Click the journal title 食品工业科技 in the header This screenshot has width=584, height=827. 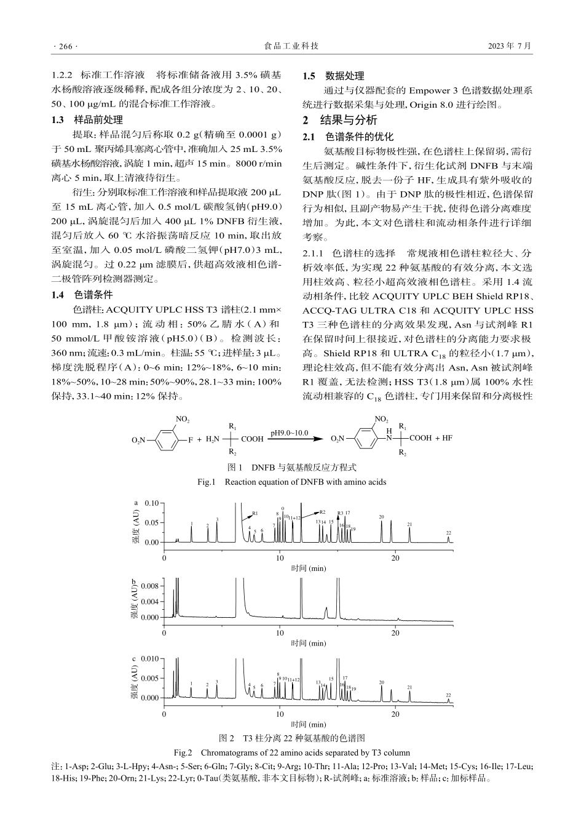pyautogui.click(x=291, y=46)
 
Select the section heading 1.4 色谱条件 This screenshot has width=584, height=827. pyautogui.click(x=87, y=294)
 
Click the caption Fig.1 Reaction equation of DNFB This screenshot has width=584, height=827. pyautogui.click(x=291, y=482)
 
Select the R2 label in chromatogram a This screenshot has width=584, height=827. pyautogui.click(x=322, y=511)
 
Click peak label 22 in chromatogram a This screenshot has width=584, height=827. pyautogui.click(x=449, y=533)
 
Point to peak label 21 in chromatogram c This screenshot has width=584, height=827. pyautogui.click(x=409, y=687)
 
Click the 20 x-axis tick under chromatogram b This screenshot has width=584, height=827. pyautogui.click(x=395, y=633)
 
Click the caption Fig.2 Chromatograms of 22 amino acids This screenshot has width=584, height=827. pyautogui.click(x=291, y=752)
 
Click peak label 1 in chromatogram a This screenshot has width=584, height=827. pyautogui.click(x=192, y=524)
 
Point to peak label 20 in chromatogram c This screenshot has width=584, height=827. pyautogui.click(x=381, y=682)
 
